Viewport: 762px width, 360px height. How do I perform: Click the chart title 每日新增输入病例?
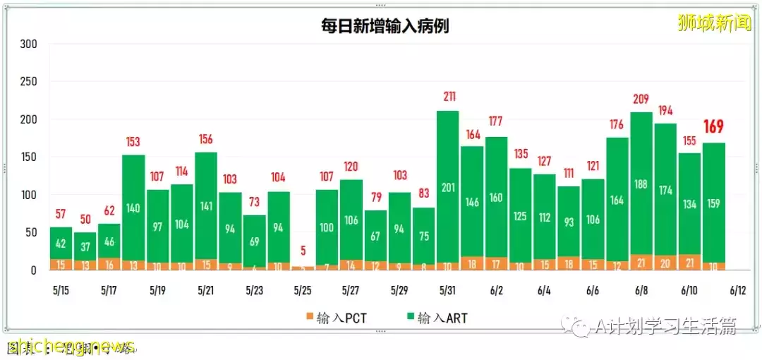[385, 26]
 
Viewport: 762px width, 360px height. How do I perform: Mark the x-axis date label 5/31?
[447, 290]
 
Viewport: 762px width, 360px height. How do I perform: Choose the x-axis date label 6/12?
[737, 290]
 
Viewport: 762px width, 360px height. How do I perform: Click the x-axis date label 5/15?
[60, 290]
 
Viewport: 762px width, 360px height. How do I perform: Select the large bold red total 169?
[713, 128]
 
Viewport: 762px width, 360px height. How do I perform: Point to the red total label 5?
[302, 251]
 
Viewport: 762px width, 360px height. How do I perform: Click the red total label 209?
[641, 99]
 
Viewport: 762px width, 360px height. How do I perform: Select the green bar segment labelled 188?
[641, 184]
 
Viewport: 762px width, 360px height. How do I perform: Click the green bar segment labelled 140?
[133, 208]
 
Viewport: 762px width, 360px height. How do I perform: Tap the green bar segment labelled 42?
[61, 244]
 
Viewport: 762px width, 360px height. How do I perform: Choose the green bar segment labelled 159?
[713, 203]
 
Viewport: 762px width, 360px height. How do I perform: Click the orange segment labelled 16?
[109, 265]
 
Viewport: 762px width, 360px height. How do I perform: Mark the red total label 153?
[133, 142]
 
